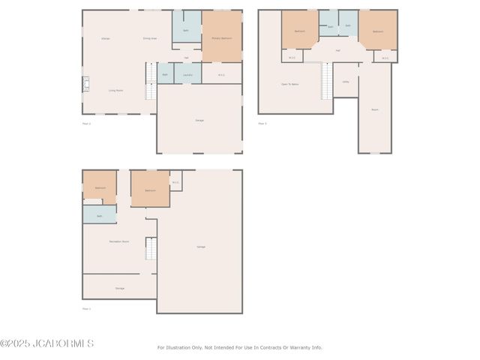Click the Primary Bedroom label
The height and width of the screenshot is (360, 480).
[x=221, y=37]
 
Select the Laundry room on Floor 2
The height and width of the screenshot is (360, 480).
[x=187, y=74]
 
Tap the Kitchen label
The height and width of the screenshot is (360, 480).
[x=106, y=37]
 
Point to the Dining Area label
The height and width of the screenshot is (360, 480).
[x=149, y=37]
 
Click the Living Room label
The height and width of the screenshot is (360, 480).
[x=115, y=90]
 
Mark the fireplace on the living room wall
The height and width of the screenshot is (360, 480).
[x=85, y=82]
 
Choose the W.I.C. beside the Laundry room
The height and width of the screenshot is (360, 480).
[x=221, y=74]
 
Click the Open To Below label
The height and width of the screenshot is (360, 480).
[x=289, y=84]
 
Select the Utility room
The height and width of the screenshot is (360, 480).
[x=346, y=82]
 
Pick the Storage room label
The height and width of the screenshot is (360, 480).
[x=119, y=288]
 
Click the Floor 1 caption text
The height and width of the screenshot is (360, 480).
[x=86, y=308]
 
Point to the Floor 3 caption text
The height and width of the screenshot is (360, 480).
[x=262, y=123]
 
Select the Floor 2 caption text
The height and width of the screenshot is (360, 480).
[x=86, y=123]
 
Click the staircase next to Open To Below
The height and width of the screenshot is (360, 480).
[x=326, y=81]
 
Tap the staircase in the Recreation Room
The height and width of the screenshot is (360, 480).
[x=150, y=248]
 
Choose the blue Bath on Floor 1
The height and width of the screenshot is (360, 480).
[x=99, y=215]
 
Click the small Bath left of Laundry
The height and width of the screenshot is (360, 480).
[x=165, y=74]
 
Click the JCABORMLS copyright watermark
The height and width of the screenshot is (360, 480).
[x=46, y=343]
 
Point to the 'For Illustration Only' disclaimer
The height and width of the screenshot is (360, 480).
[x=239, y=347]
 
